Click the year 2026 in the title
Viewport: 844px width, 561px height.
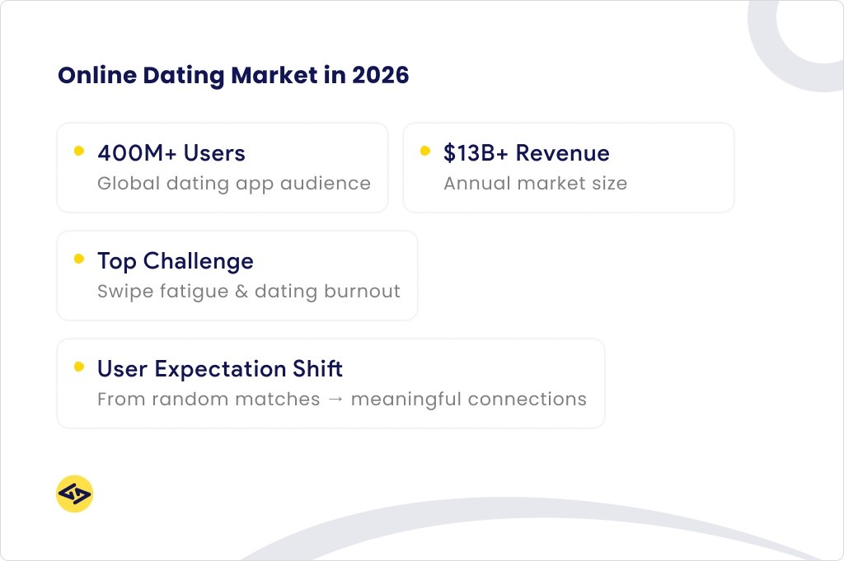[380, 76]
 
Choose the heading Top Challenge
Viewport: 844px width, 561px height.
[175, 261]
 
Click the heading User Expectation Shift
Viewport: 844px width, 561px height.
[220, 369]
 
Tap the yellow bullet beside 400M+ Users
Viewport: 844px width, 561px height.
[79, 151]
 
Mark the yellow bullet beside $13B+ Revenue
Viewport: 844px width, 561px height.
[425, 151]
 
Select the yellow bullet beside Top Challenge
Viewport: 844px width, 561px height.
[79, 259]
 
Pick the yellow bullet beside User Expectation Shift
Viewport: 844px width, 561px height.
[79, 367]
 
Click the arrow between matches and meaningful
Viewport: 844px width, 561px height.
[335, 400]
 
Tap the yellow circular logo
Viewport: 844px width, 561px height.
[74, 494]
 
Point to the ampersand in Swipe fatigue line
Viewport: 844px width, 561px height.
[241, 292]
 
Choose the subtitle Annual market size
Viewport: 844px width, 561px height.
[535, 184]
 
